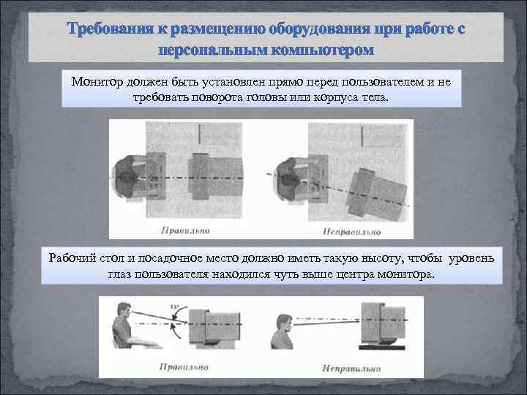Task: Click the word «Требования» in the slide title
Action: coord(108,31)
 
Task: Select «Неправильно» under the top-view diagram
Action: coord(351,232)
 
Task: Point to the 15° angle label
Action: coord(174,306)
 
